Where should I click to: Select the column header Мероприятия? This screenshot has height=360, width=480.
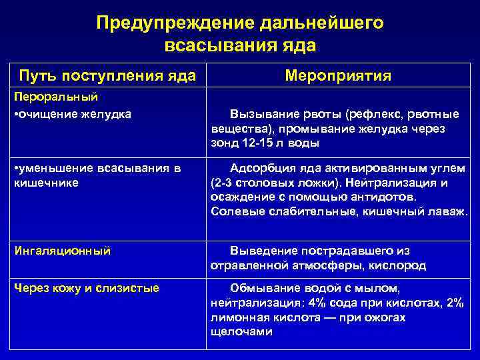point(337,76)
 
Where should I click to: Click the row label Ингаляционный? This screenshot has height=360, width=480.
point(62,251)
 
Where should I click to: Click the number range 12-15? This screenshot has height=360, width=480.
point(256,143)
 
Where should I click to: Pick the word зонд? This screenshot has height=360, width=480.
point(224,143)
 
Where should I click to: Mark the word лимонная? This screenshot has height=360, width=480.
point(236,317)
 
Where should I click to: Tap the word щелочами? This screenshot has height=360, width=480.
point(241,332)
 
